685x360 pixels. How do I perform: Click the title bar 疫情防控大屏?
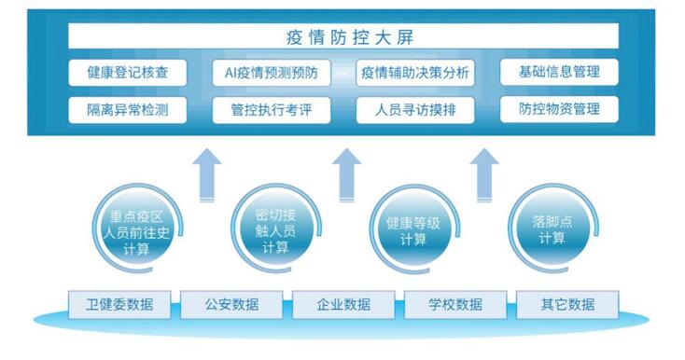pyautogui.click(x=343, y=37)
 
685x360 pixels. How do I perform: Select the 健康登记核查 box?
pyautogui.click(x=127, y=72)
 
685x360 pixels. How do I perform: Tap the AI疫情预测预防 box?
pyautogui.click(x=271, y=72)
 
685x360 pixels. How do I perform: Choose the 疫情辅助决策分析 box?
pyautogui.click(x=415, y=72)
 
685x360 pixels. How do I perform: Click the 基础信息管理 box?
pyautogui.click(x=558, y=72)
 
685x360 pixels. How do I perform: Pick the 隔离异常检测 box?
pyautogui.click(x=127, y=109)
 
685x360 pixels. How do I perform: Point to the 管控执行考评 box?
pyautogui.click(x=271, y=110)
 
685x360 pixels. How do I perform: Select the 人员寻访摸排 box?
pyautogui.click(x=415, y=110)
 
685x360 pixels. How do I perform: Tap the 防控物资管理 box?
pyautogui.click(x=558, y=109)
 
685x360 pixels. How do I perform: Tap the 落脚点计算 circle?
pyautogui.click(x=551, y=229)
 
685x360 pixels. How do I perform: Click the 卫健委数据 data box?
pyautogui.click(x=120, y=304)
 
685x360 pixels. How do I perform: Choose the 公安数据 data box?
pyautogui.click(x=231, y=304)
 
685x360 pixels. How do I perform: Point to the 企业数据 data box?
pyautogui.click(x=343, y=304)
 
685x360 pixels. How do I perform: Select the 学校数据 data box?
pyautogui.click(x=454, y=304)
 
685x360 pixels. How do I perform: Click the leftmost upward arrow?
pyautogui.click(x=207, y=173)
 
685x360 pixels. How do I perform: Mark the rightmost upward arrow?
pyautogui.click(x=483, y=173)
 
